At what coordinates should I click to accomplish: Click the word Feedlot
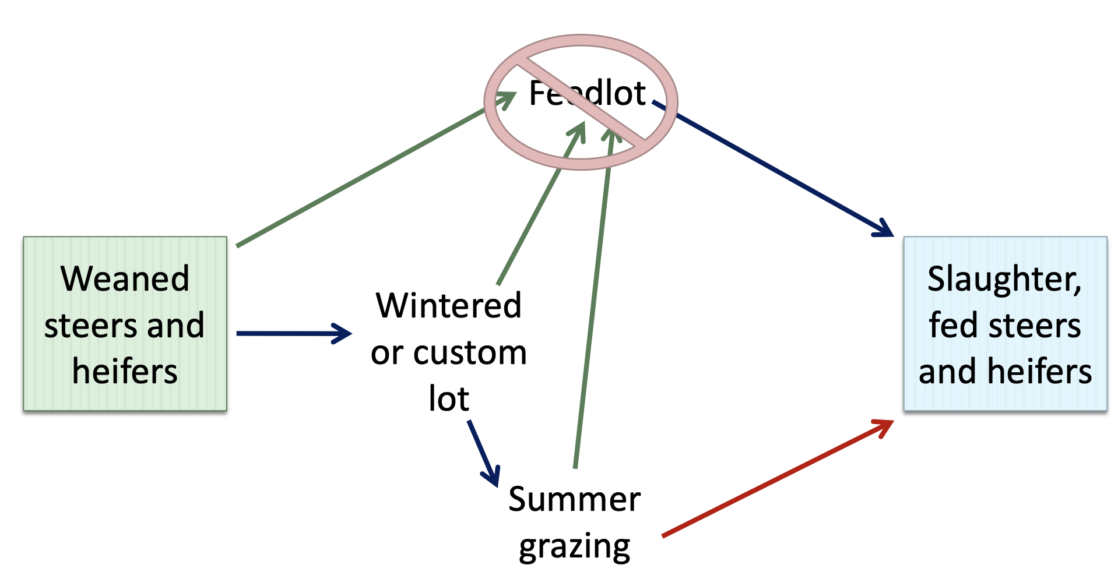[587, 93]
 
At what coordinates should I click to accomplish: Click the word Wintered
[448, 306]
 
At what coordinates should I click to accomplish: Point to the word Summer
[574, 500]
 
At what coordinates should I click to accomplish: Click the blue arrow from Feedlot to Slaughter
[775, 169]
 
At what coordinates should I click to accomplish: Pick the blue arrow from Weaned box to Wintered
[286, 334]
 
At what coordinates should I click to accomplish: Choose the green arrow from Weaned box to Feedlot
[361, 177]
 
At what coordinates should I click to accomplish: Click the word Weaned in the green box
[125, 279]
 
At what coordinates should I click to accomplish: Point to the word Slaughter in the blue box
[1004, 279]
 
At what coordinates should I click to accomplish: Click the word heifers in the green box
[125, 372]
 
